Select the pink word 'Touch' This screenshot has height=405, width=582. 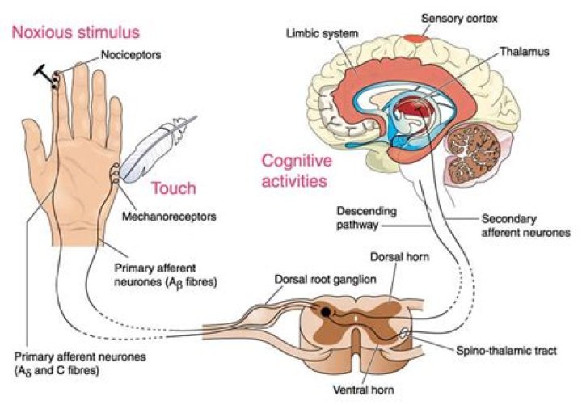[173, 188]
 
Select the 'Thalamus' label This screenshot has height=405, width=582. [523, 51]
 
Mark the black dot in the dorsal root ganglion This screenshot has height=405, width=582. [325, 311]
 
